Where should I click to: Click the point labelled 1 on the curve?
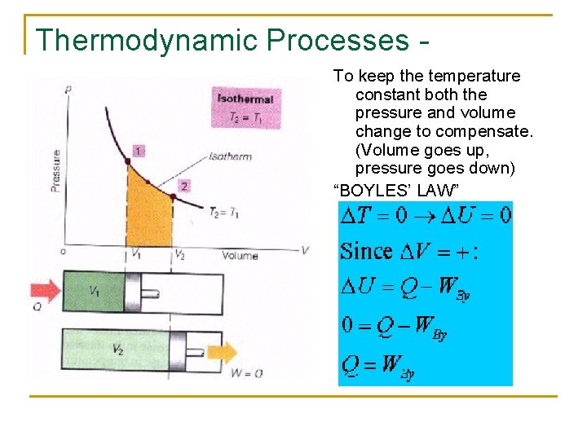pos(127,162)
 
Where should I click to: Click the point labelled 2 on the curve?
pos(172,196)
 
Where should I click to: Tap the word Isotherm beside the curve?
pos(230,156)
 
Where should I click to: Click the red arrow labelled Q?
pos(46,289)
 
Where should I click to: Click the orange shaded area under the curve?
pos(150,216)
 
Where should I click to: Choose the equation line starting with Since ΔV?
pos(408,250)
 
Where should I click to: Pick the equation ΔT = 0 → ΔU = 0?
pos(425,215)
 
